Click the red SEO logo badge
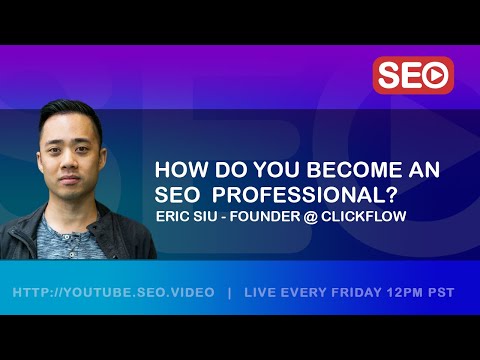click(x=413, y=75)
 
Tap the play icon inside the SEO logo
click(x=436, y=75)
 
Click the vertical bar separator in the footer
click(x=230, y=293)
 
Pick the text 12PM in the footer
click(x=404, y=293)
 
